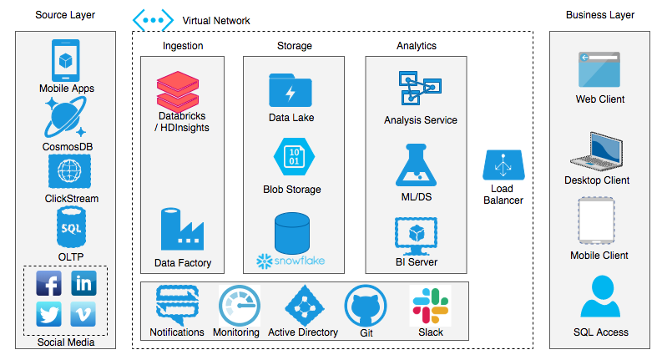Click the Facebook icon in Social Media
point(49,283)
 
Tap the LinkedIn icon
point(83,283)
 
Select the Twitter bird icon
point(49,315)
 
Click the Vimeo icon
point(83,315)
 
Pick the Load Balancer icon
point(503,165)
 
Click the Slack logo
point(430,305)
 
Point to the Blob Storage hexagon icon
point(292,156)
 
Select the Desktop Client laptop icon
point(598,151)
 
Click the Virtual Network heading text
point(215,20)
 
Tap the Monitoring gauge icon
point(237,305)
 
